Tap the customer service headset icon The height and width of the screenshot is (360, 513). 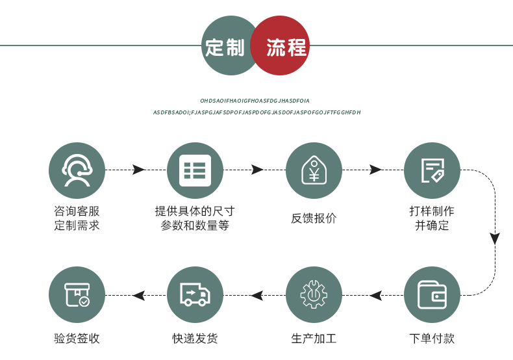tap(77, 170)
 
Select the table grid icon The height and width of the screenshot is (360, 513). tap(195, 170)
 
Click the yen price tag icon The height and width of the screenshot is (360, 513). tap(314, 170)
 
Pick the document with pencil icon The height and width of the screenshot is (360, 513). tap(432, 170)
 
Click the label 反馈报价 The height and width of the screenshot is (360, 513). tap(314, 218)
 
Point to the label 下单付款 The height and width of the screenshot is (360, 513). tap(432, 339)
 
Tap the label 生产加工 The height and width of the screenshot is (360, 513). tap(314, 339)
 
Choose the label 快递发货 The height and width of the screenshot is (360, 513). tap(195, 339)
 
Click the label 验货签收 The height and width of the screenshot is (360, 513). tap(77, 339)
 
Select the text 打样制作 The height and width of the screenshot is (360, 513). tap(432, 211)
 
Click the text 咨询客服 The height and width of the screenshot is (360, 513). tap(77, 211)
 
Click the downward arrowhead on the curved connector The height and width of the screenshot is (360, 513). tap(495, 238)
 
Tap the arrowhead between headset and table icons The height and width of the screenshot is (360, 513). tap(138, 170)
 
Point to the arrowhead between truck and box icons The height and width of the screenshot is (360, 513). tap(138, 296)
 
